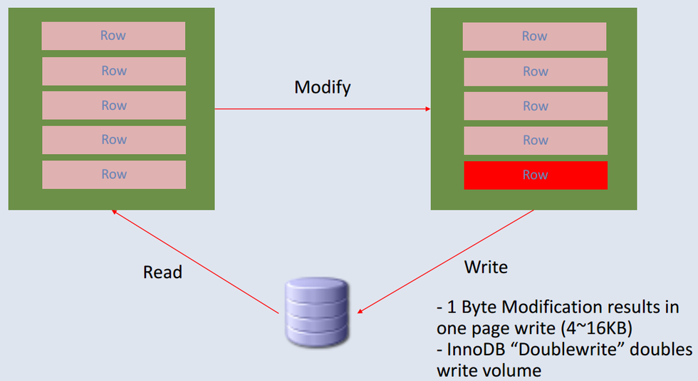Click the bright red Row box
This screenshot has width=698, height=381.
click(536, 176)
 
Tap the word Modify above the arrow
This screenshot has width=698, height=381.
click(322, 88)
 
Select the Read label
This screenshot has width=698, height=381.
click(162, 272)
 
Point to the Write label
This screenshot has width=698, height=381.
click(486, 268)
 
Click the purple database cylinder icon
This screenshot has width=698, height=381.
click(317, 312)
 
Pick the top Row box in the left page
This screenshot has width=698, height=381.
click(113, 36)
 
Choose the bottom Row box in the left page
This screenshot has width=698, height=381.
click(114, 174)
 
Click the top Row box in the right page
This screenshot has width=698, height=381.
click(535, 36)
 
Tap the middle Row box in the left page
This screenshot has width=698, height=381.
click(114, 106)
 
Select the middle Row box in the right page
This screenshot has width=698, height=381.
click(536, 106)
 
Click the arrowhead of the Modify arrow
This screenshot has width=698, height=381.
click(428, 109)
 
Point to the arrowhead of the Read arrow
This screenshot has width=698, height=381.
click(114, 212)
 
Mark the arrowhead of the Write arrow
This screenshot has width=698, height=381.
click(360, 311)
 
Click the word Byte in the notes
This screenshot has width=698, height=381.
click(479, 308)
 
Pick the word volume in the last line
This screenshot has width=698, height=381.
click(516, 370)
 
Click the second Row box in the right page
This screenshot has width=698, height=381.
click(536, 72)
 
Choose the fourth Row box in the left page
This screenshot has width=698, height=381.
click(114, 140)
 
